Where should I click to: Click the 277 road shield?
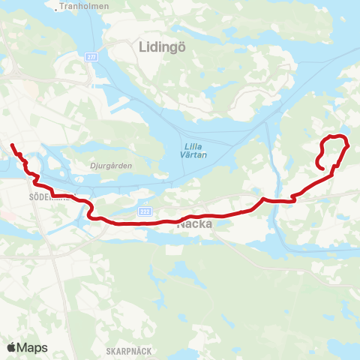click(x=91, y=57)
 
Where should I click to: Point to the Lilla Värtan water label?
click(x=190, y=151)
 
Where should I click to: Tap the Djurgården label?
click(x=95, y=159)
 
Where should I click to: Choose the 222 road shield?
click(x=145, y=211)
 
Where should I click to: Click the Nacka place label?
click(x=195, y=223)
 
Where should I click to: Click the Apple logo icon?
click(x=12, y=347)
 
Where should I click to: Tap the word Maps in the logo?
click(x=33, y=347)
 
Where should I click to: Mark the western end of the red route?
click(x=11, y=144)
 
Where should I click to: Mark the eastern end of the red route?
click(x=322, y=169)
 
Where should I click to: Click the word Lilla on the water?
click(x=190, y=147)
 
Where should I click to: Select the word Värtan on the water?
click(x=190, y=156)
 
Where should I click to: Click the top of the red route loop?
click(x=335, y=135)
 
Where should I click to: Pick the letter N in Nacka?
click(x=181, y=223)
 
